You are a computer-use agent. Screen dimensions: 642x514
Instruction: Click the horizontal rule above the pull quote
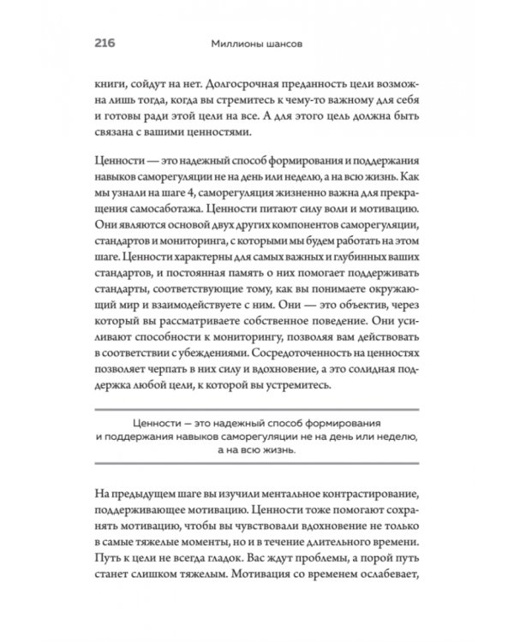[x=257, y=408]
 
